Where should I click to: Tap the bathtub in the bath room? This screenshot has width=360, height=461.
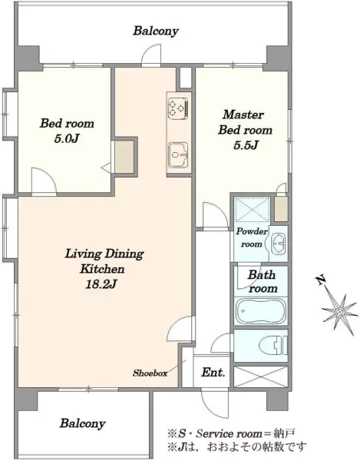[x=261, y=310]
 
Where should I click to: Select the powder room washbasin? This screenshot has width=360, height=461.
[x=278, y=244]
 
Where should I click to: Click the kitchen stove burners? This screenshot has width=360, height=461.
[x=178, y=108]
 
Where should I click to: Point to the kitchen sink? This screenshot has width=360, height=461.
[x=178, y=155]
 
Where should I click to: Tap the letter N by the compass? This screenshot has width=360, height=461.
[x=321, y=280]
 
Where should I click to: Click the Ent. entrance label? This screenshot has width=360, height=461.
[x=213, y=373]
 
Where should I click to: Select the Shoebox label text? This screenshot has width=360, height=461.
[x=150, y=373]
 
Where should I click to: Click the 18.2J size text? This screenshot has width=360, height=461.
[x=101, y=284]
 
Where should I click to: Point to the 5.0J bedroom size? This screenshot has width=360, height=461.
[x=67, y=138]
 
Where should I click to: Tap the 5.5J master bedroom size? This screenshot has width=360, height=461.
[x=246, y=145]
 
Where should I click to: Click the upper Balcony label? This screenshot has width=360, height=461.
[x=156, y=31]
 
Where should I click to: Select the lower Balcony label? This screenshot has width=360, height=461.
[x=82, y=423]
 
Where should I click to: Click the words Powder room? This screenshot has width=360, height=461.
[x=252, y=237]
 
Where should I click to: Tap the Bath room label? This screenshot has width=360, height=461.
[x=263, y=282]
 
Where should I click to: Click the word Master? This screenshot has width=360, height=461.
[x=243, y=114]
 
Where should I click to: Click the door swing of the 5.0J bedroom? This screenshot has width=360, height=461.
[x=44, y=181]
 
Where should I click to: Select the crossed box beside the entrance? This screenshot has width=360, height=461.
[x=260, y=376]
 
